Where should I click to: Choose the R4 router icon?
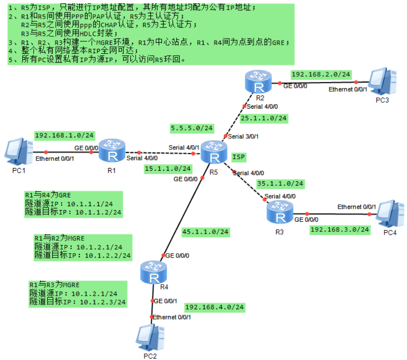point(155,272)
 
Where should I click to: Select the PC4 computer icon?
point(389,214)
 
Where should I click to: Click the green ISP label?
point(239,157)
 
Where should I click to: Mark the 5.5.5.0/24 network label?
point(192,129)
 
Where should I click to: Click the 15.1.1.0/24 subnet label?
point(168,169)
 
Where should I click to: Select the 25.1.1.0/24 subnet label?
point(264,118)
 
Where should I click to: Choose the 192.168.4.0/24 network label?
point(215,307)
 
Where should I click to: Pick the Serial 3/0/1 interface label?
point(243,137)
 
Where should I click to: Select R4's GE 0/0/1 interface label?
point(165,301)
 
